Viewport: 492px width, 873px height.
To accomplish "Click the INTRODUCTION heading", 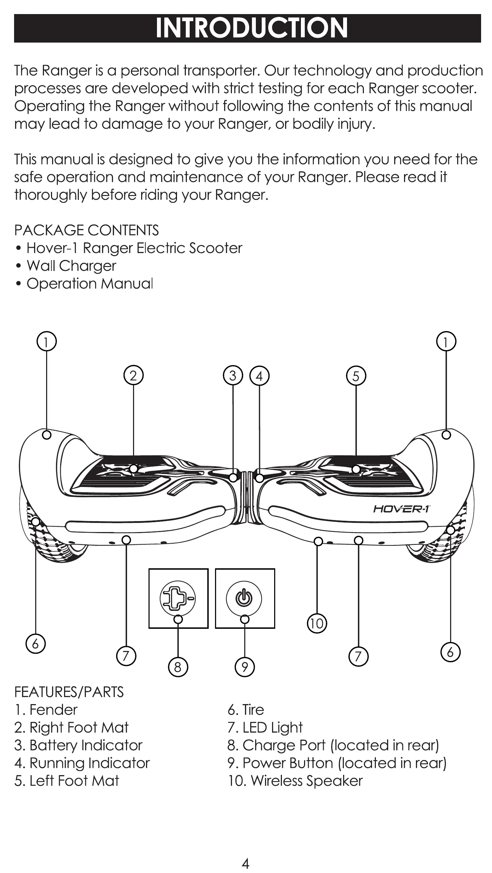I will click(x=251, y=28).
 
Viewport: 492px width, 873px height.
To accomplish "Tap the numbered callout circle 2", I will click(x=133, y=376).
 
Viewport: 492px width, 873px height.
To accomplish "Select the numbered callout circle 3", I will click(x=233, y=376).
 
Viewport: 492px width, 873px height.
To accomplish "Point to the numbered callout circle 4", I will click(x=259, y=376).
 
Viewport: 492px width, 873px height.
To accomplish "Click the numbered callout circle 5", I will click(x=356, y=376).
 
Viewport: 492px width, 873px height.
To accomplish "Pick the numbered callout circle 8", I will click(x=178, y=667).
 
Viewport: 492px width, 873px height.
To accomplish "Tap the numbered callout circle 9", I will click(x=245, y=667).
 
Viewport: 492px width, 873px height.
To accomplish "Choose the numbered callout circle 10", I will click(x=317, y=623).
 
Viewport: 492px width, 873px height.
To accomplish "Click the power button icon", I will click(x=244, y=598).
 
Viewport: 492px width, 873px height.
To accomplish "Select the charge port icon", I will click(x=178, y=598).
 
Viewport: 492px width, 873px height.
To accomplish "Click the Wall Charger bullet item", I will click(x=71, y=266).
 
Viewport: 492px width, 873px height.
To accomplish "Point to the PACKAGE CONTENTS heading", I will click(x=87, y=230).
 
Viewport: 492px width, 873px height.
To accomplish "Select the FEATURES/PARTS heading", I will click(x=69, y=692).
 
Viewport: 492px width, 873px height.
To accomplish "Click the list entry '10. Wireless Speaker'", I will click(x=295, y=781).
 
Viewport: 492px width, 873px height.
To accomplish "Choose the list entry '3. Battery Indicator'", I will click(x=78, y=745).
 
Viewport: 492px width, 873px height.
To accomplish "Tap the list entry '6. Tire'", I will click(x=246, y=710).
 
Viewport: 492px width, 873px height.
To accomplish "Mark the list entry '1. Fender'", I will click(x=46, y=710).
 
